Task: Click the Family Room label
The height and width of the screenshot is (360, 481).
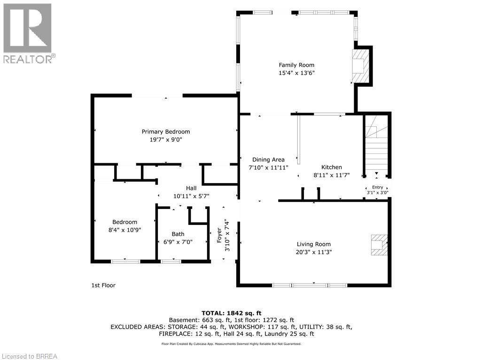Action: coord(296,65)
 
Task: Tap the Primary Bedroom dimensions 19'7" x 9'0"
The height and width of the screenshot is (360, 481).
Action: coord(166,139)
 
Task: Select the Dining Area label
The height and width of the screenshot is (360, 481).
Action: coord(268,160)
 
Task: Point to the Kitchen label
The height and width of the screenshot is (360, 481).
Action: coord(331,167)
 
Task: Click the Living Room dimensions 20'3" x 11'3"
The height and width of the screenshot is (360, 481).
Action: coord(313,252)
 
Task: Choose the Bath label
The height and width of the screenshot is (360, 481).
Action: coord(178,234)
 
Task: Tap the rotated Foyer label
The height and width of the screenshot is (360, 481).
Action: coord(219,235)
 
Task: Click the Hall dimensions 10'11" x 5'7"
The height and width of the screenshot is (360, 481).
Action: coord(191,196)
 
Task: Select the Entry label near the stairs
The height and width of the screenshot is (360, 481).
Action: coord(377,187)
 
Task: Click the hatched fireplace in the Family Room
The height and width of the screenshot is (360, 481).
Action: coord(360,66)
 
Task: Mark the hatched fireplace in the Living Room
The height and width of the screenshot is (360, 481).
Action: coord(379,245)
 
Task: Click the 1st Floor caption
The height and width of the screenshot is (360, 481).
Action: coord(103,285)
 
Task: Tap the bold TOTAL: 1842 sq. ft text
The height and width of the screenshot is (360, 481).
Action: coord(231,313)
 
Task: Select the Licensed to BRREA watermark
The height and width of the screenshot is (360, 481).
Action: coord(29,356)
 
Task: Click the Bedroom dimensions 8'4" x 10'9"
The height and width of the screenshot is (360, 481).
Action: coord(124,230)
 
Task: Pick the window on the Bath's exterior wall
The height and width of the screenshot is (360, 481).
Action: coord(171,261)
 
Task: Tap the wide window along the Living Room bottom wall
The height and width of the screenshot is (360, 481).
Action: coord(310,285)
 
